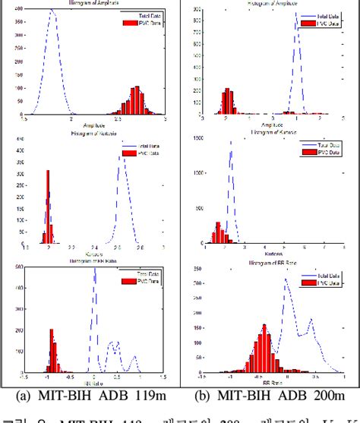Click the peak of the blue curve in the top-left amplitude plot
tap(51, 11)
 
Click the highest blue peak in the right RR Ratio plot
tap(286, 279)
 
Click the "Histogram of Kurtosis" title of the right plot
tap(271, 133)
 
